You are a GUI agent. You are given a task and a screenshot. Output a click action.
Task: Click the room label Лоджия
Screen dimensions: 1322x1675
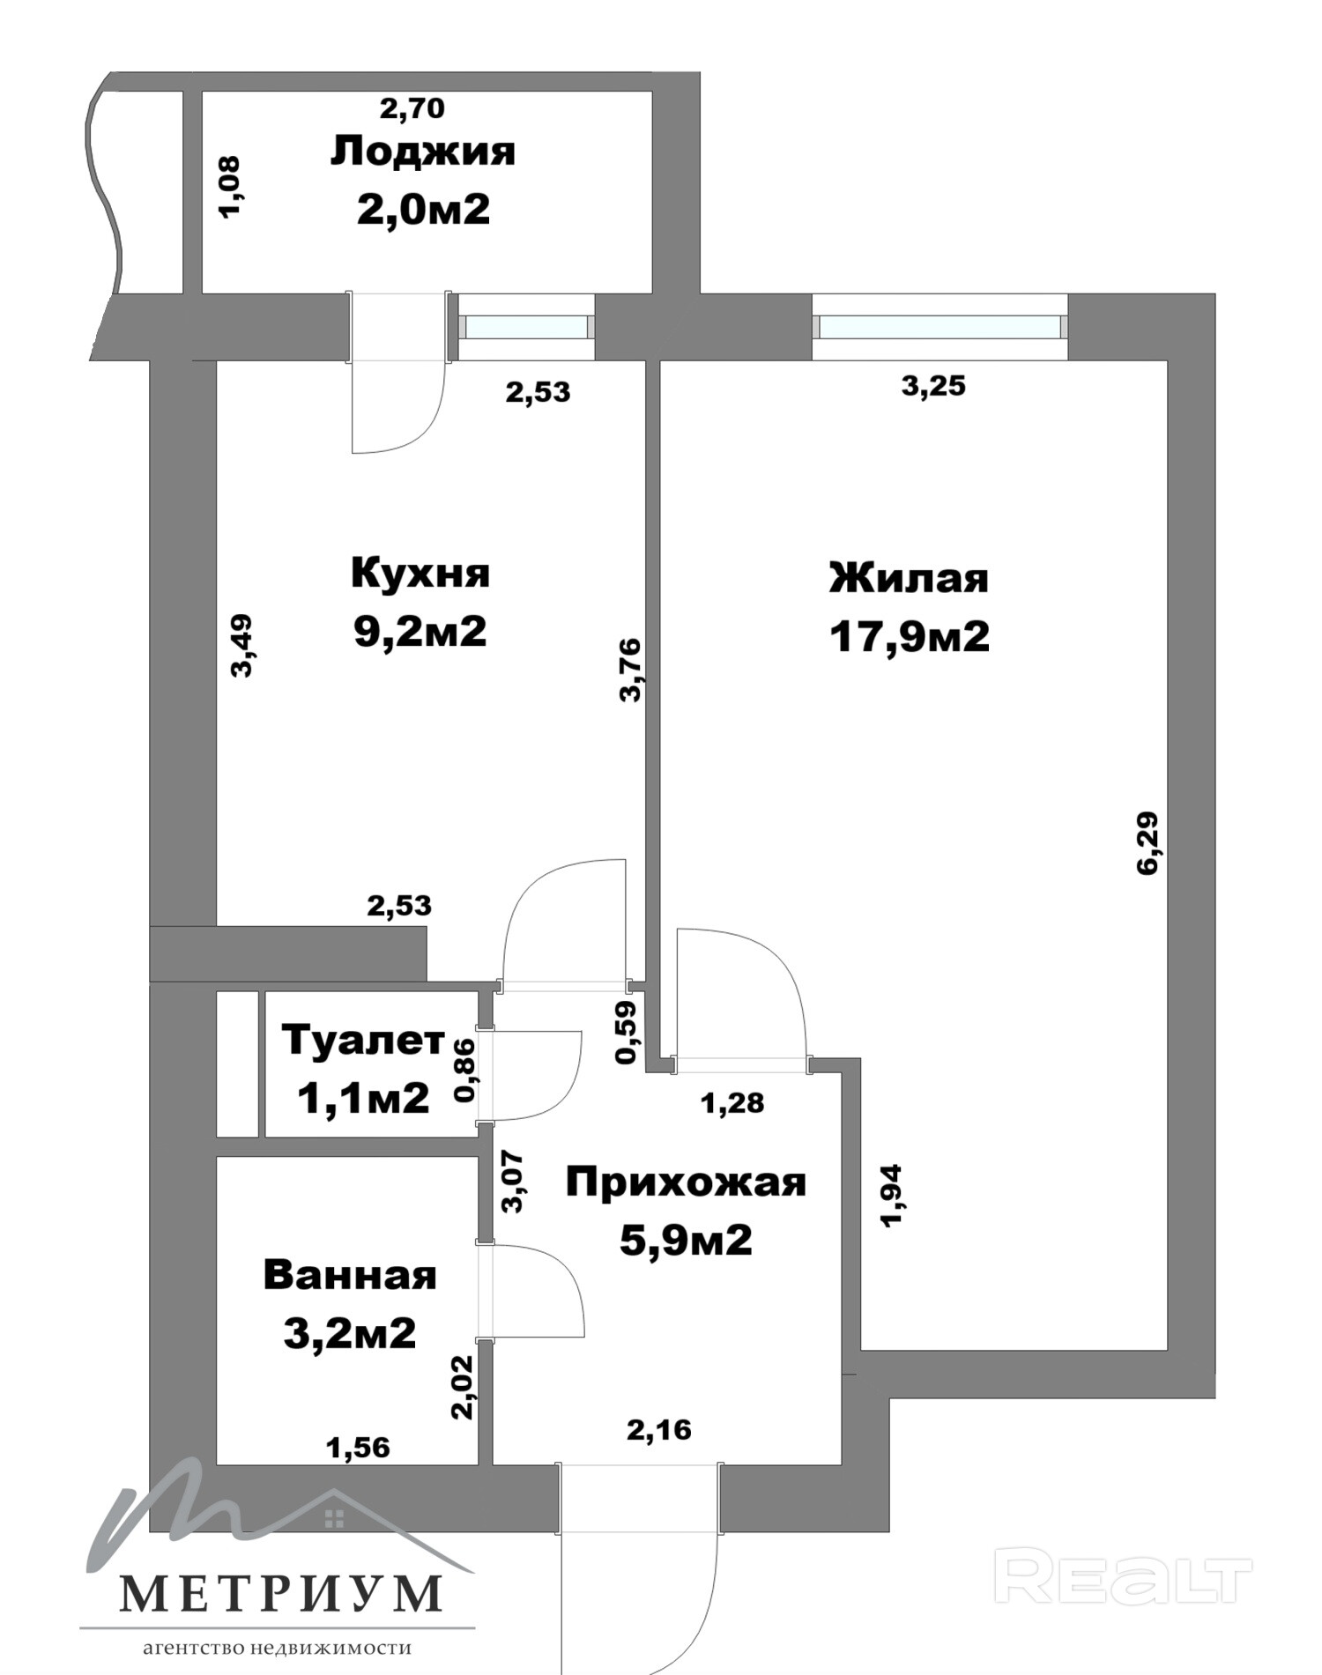tap(422, 152)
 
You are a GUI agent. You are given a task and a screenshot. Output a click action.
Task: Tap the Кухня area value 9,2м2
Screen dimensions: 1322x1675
tap(420, 631)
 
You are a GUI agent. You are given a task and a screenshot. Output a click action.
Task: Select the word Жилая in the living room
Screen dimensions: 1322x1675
tap(909, 578)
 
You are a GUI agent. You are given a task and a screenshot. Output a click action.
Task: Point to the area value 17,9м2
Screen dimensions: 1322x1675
tap(909, 636)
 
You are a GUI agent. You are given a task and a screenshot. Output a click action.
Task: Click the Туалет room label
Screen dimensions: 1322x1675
tap(363, 1041)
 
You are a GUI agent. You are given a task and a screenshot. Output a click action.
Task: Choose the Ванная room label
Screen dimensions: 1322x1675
tap(350, 1275)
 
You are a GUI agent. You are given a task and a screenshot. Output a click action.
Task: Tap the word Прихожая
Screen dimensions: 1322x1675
tap(686, 1182)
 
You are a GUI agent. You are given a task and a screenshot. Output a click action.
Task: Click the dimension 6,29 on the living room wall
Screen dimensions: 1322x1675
tap(1148, 842)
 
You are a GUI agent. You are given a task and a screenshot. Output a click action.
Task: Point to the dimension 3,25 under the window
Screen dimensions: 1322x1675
tap(933, 386)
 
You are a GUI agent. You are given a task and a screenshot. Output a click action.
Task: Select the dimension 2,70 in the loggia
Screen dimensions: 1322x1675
tap(412, 108)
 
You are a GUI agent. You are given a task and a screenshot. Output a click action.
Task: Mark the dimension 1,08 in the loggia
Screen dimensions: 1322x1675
tap(229, 187)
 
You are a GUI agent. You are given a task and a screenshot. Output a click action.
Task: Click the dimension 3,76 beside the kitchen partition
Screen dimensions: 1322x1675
tap(631, 670)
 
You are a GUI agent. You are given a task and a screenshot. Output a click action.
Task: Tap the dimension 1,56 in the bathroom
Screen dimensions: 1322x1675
tap(358, 1447)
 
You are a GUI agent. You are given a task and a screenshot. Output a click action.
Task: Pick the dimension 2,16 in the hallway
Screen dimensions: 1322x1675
tap(659, 1429)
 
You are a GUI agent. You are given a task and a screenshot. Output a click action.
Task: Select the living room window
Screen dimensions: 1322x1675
tap(940, 327)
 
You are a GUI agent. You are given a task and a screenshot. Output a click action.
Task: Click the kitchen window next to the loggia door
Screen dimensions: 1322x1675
tap(526, 327)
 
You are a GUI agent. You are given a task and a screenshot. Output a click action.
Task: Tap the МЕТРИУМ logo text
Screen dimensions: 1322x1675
tap(280, 1592)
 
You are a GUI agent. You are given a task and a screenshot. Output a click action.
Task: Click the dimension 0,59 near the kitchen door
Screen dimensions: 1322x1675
tap(626, 1033)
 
